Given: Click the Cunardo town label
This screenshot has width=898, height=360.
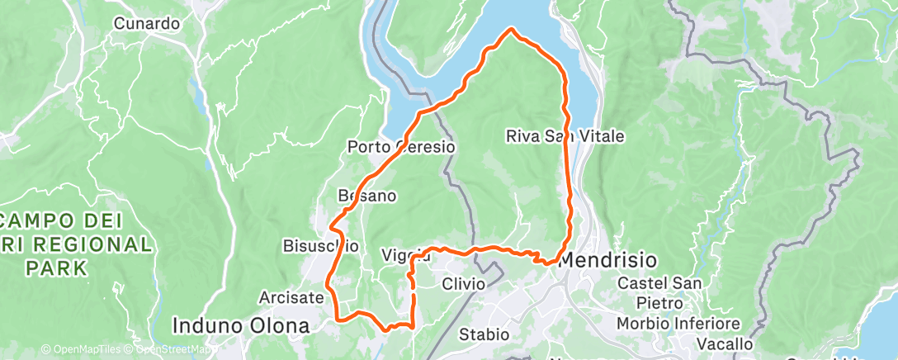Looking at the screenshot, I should coord(147,24).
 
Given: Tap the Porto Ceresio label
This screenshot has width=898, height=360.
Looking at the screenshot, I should coord(401,147).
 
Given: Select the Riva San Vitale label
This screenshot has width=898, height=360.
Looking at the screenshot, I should coord(565,135).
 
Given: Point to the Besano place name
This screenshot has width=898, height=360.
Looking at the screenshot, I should coord(367,197).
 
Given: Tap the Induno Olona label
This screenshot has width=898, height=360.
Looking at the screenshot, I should coord(241,325).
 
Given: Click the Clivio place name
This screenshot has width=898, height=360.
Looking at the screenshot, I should coord(463,284).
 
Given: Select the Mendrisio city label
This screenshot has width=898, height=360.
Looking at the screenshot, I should coord(608,260).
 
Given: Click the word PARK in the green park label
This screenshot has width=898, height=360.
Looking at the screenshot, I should coord(56,268).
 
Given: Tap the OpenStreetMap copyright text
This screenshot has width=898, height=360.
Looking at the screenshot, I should coord(165,350).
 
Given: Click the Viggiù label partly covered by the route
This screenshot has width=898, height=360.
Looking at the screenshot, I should coord(406,255).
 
